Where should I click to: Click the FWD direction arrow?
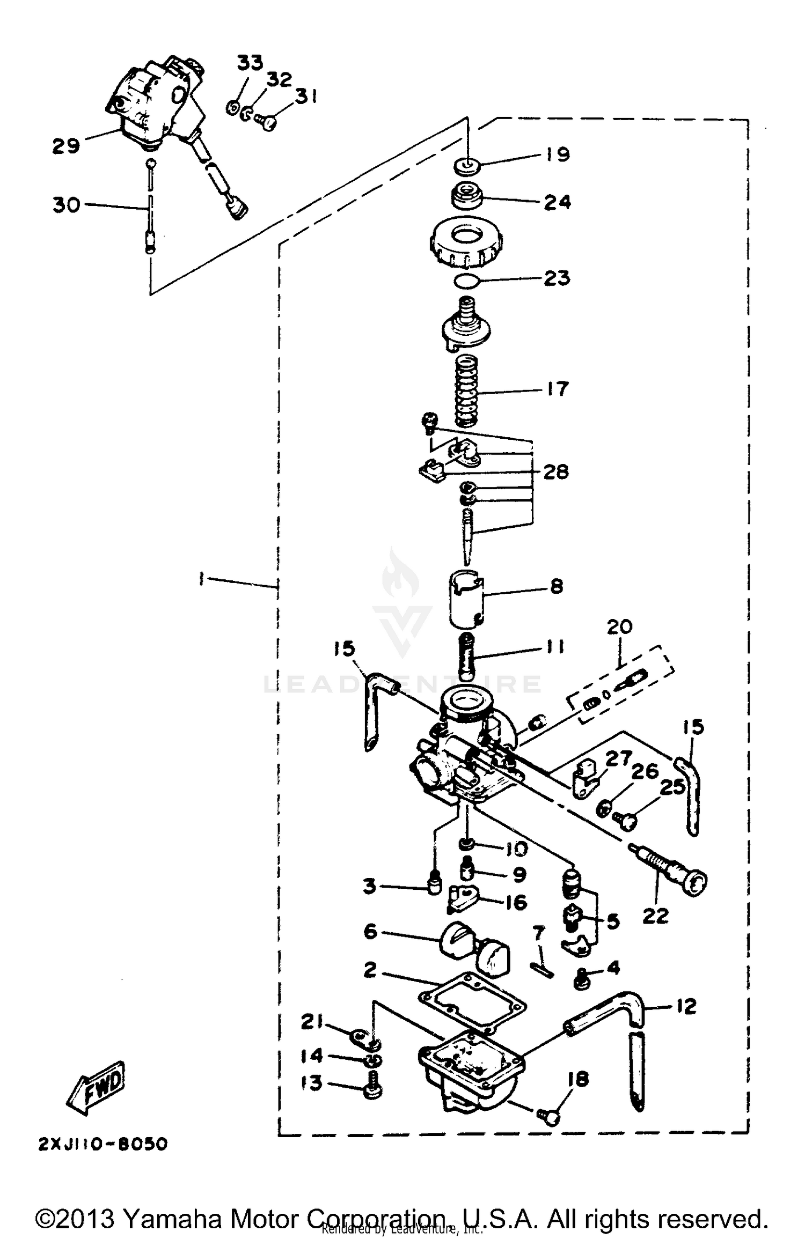pos(97,1087)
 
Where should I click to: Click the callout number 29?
pos(66,146)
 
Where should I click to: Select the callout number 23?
pos(557,278)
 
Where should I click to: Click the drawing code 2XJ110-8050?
pos(103,1144)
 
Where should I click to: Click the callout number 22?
pos(655,916)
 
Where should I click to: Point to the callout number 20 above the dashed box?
pos(620,626)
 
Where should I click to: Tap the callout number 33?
pos(250,63)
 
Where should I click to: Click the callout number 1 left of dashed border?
pos(201,579)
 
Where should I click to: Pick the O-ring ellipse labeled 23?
pos(465,280)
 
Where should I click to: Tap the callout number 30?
pos(66,204)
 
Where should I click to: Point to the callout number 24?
pos(557,202)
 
